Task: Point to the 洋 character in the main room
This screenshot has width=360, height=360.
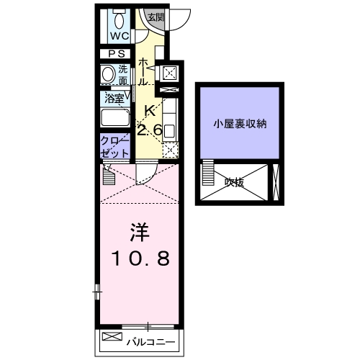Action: pyautogui.click(x=140, y=234)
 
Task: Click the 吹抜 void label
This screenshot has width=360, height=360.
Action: pyautogui.click(x=234, y=183)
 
